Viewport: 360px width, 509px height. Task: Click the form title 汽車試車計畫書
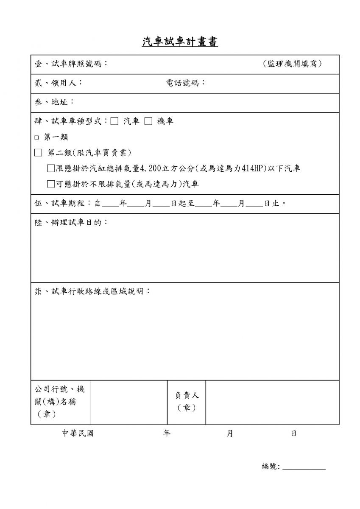tap(180, 42)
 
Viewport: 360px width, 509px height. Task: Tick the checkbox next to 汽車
tap(114, 121)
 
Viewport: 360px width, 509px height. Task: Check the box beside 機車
tap(148, 121)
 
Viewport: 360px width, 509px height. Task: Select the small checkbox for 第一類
tap(36, 137)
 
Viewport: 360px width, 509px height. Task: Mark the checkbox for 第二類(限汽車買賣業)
tap(39, 153)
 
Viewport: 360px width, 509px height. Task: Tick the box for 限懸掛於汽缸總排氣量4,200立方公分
tap(51, 168)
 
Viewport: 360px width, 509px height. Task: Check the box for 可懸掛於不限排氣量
tap(51, 184)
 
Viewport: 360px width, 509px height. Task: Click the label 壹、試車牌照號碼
tap(71, 64)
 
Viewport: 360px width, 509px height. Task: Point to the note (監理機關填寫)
tap(292, 64)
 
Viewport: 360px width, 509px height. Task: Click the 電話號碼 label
tap(185, 83)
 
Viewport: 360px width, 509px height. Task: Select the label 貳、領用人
tap(58, 83)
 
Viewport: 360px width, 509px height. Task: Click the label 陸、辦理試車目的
tap(71, 222)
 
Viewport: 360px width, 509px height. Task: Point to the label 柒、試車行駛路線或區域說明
tap(92, 292)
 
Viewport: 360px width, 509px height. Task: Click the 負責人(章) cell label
tap(187, 402)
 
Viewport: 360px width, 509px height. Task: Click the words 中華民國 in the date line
tap(78, 433)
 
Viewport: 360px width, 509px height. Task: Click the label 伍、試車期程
tap(63, 203)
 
